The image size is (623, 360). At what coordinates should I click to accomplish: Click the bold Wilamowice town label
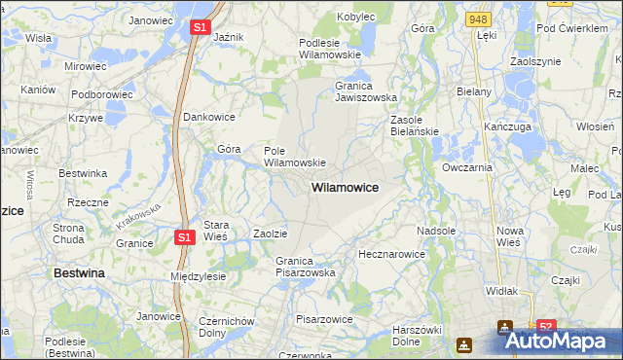tap(345, 186)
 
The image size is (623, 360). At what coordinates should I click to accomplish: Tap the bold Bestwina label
tap(79, 273)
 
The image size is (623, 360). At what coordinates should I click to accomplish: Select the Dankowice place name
tap(210, 117)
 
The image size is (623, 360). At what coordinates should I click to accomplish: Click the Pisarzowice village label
tap(323, 318)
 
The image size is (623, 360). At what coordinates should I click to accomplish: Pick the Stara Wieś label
tap(215, 231)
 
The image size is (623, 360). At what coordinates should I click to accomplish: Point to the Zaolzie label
tap(270, 234)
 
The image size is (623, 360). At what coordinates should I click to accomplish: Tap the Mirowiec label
tap(85, 66)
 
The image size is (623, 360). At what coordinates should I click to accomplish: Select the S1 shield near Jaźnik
tap(199, 28)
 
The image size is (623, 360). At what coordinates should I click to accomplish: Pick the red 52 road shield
tap(546, 327)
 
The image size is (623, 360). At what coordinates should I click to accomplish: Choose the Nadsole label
tap(436, 231)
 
